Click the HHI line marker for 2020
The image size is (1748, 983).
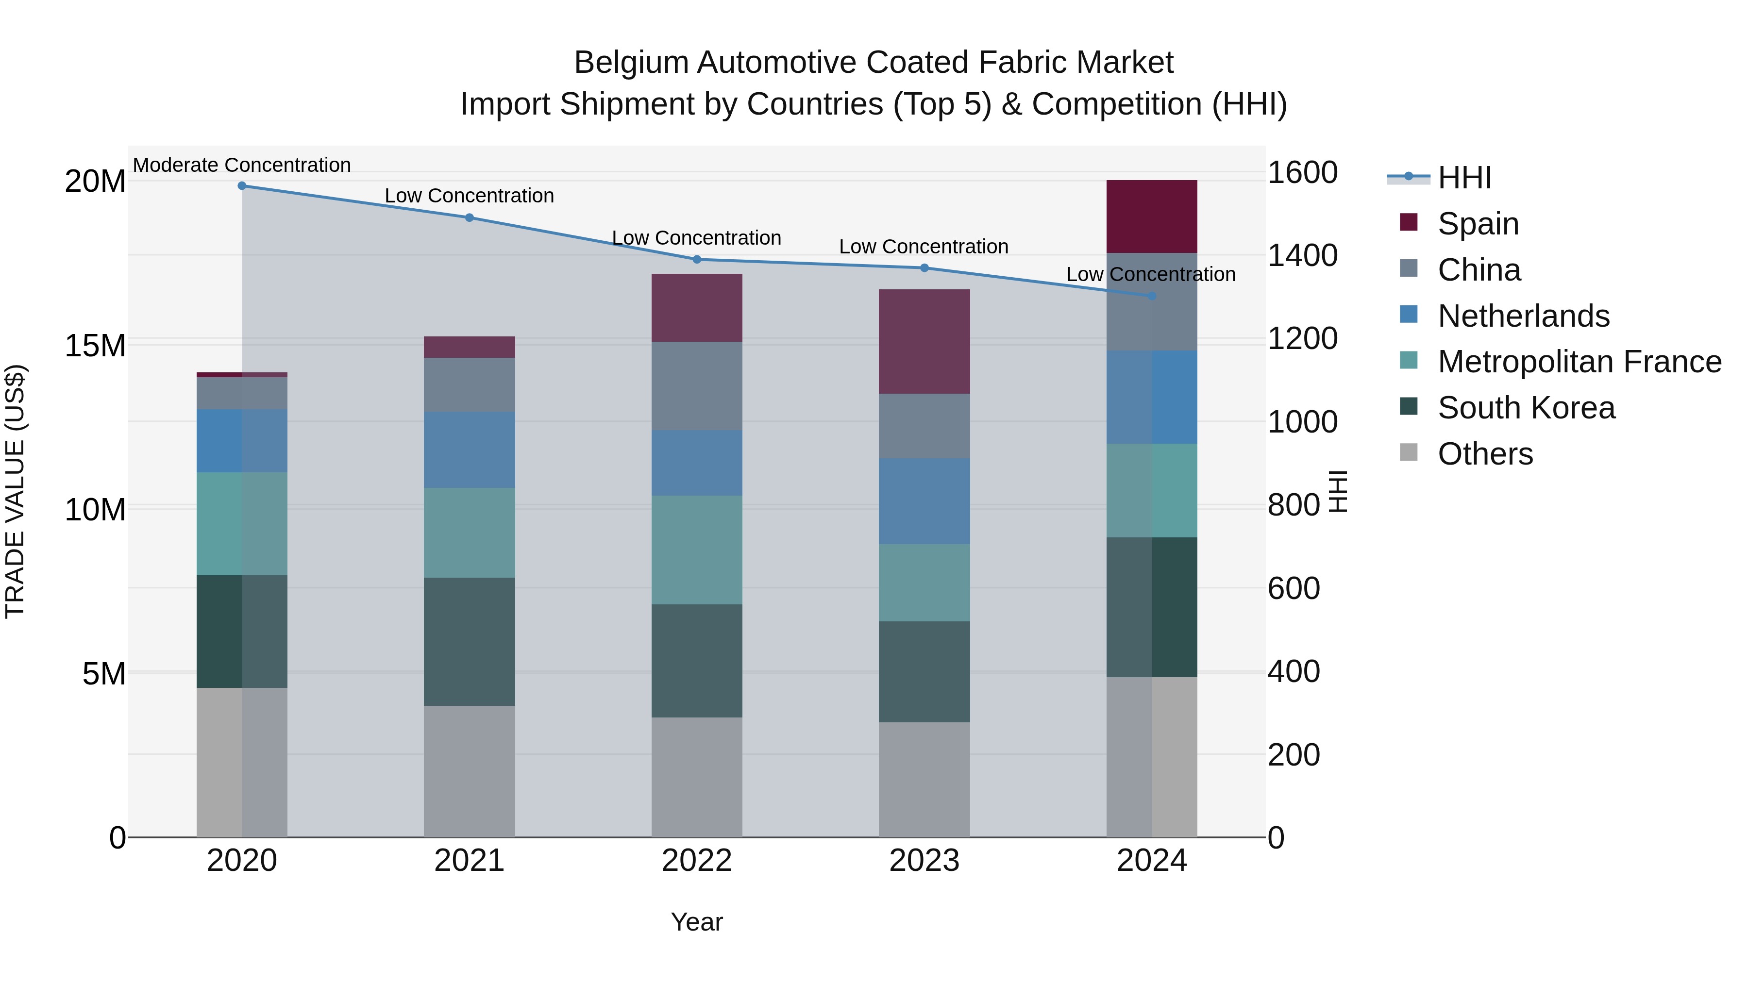click(x=242, y=185)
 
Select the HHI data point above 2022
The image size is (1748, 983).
click(x=697, y=259)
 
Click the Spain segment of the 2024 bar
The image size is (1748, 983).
click(x=1152, y=217)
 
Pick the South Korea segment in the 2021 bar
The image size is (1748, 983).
click(x=469, y=641)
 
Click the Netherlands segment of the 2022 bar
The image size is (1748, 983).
click(x=697, y=463)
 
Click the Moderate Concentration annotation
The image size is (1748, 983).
click(x=242, y=165)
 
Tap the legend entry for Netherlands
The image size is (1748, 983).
click(x=1523, y=316)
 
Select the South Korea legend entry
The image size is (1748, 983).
click(x=1526, y=408)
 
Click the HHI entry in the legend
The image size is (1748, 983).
click(x=1464, y=178)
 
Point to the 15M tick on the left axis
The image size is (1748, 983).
click(x=95, y=345)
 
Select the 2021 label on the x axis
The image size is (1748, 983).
click(x=469, y=861)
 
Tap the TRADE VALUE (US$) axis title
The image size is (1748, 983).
click(x=15, y=491)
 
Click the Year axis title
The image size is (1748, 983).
click(x=697, y=922)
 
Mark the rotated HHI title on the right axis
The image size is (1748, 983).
click(x=1337, y=491)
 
